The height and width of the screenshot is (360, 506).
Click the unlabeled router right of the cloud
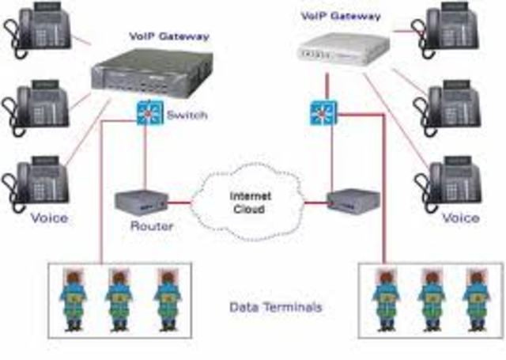[346, 203]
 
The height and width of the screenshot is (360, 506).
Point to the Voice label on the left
[50, 217]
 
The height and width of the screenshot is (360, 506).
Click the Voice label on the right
[460, 217]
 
